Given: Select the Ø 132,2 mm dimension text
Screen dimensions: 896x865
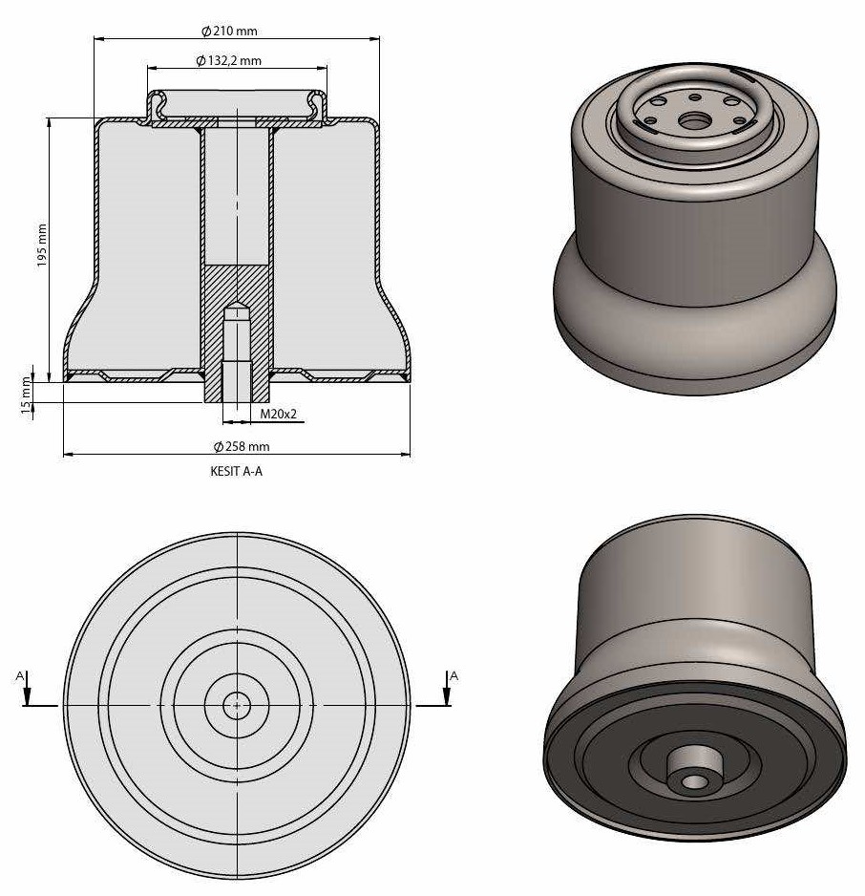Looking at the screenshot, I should coord(229,61).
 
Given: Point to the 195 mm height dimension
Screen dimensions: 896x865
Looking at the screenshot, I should coord(41,246).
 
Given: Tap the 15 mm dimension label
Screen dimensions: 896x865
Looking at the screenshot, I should coord(27,388).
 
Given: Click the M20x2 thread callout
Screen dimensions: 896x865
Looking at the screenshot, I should coord(280,415).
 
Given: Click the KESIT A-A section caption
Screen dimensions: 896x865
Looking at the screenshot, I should coord(236,471).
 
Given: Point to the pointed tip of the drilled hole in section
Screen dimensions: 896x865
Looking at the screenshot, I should coord(236,310).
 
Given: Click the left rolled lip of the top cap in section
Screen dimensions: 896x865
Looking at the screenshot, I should coord(152,106).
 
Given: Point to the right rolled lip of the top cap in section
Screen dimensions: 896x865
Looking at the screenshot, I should coord(320,106).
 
